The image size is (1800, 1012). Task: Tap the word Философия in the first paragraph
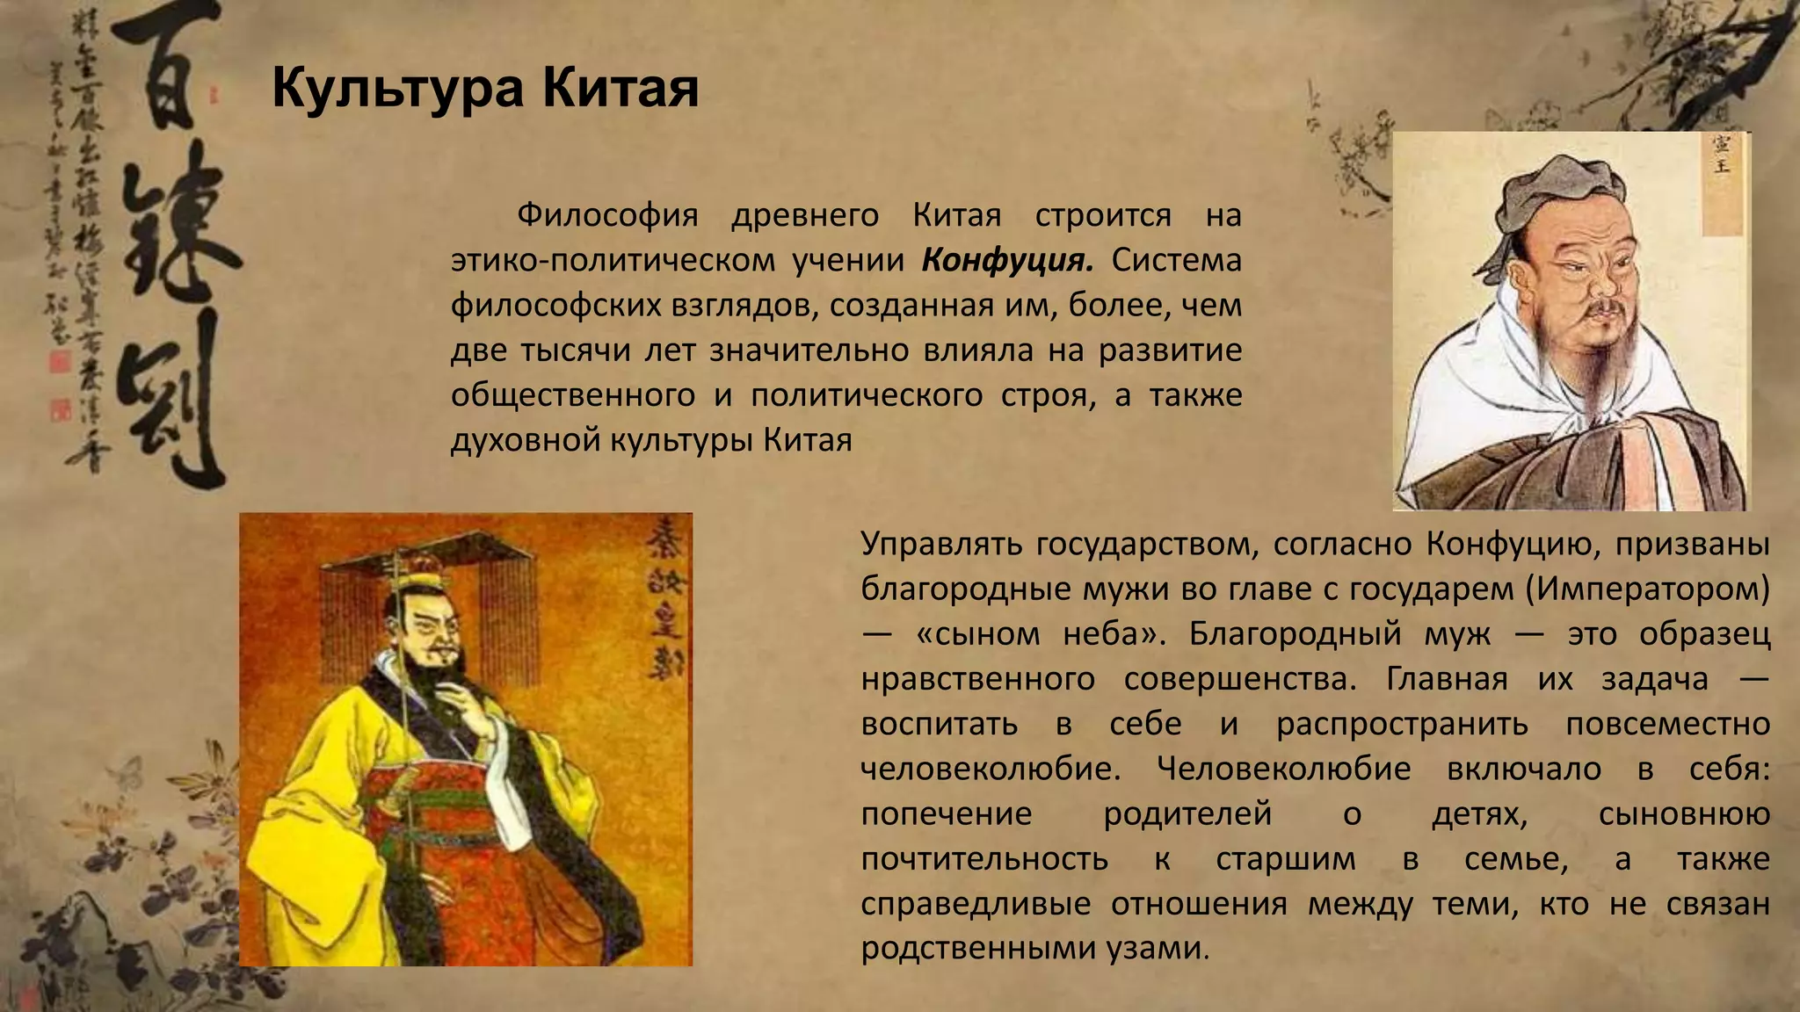[606, 215]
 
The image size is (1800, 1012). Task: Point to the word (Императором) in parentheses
[1647, 589]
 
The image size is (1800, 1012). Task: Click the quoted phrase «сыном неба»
[1041, 633]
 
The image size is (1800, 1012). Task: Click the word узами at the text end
[1166, 948]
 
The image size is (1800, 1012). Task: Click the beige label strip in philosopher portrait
[1721, 184]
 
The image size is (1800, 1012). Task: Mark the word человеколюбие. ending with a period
[990, 770]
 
